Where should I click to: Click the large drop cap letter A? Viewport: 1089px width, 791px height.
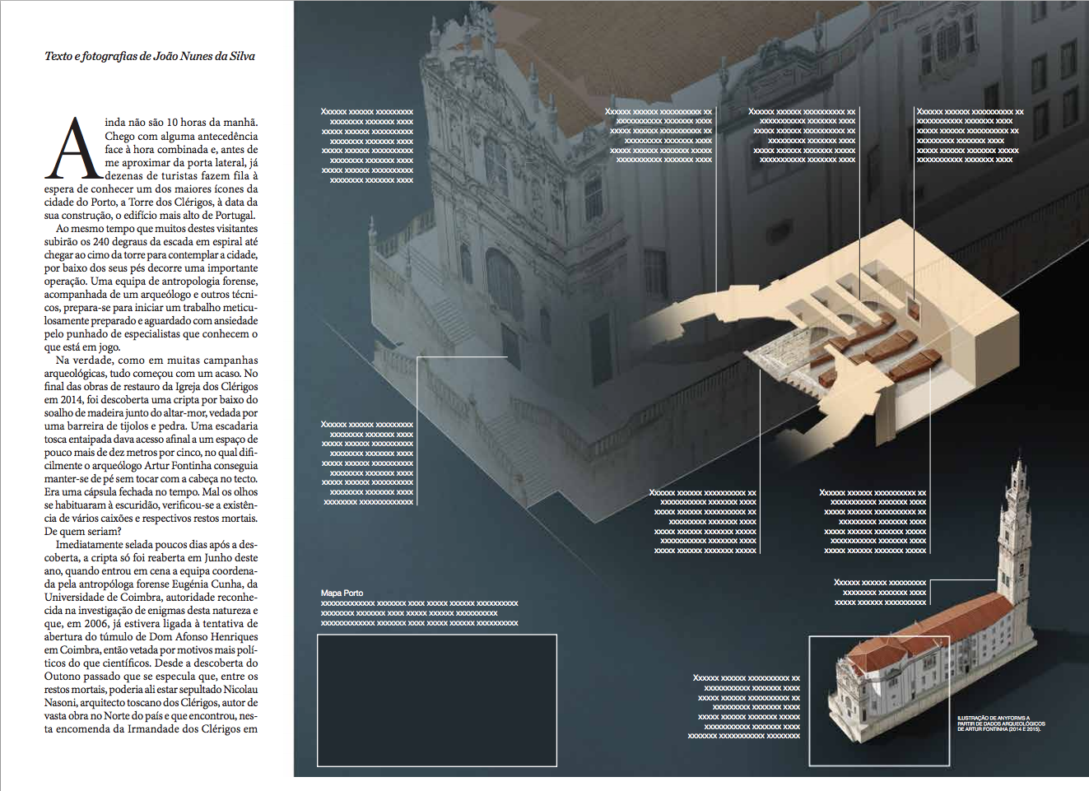pyautogui.click(x=75, y=150)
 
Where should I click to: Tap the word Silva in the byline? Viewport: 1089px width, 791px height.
pyautogui.click(x=242, y=57)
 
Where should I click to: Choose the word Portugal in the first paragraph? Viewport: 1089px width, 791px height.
pyautogui.click(x=234, y=216)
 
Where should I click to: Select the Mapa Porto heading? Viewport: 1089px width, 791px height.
pyautogui.click(x=342, y=593)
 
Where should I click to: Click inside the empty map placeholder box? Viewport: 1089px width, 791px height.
pyautogui.click(x=437, y=700)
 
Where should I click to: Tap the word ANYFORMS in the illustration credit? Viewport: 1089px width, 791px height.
pyautogui.click(x=1011, y=718)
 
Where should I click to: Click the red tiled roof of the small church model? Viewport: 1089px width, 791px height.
pyautogui.click(x=930, y=634)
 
